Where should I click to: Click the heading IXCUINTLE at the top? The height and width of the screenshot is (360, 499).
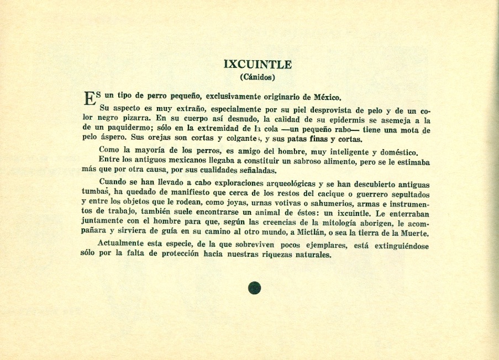coord(258,64)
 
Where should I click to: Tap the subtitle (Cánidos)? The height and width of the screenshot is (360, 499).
coord(258,77)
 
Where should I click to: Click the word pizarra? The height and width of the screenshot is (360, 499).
coord(135,119)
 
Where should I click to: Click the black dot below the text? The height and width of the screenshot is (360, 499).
coord(254,288)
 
